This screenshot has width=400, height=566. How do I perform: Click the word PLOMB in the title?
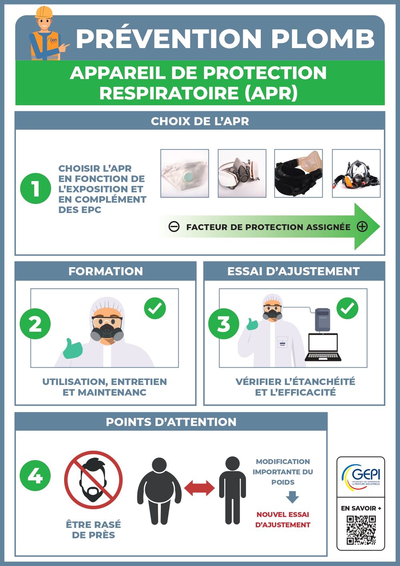pyautogui.click(x=323, y=39)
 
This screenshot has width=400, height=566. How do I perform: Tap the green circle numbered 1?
pyautogui.click(x=36, y=188)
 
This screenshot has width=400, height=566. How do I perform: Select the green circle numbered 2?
pyautogui.click(x=35, y=324)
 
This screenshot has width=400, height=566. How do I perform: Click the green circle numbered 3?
pyautogui.click(x=224, y=324)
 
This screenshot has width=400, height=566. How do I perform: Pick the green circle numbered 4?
pyautogui.click(x=35, y=475)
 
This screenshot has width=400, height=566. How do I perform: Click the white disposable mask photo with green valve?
pyautogui.click(x=184, y=173)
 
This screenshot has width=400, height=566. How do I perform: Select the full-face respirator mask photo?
pyautogui.click(x=356, y=173)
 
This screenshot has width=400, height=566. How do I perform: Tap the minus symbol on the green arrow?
pyautogui.click(x=174, y=227)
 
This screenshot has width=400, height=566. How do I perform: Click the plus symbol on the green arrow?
pyautogui.click(x=362, y=227)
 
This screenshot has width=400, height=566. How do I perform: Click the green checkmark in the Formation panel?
pyautogui.click(x=155, y=308)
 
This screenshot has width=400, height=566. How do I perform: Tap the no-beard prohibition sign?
pyautogui.click(x=93, y=480)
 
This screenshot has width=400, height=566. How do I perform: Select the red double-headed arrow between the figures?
pyautogui.click(x=200, y=488)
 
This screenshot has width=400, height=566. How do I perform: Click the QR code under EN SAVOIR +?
pyautogui.click(x=361, y=530)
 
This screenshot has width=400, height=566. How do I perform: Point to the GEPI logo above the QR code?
pyautogui.click(x=361, y=476)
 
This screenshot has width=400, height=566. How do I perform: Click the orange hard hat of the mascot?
pyautogui.click(x=44, y=12)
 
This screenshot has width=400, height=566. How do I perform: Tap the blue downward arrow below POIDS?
pyautogui.click(x=292, y=497)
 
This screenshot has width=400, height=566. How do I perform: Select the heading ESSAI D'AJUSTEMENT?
pyautogui.click(x=293, y=271)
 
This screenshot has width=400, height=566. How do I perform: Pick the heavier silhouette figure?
pyautogui.click(x=159, y=491)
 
